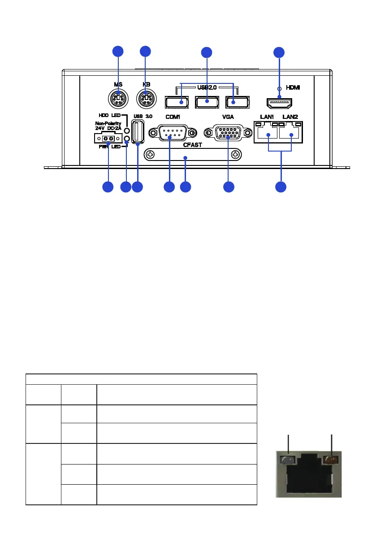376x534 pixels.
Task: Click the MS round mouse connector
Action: (x=118, y=98)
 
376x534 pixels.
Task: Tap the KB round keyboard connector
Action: (x=145, y=98)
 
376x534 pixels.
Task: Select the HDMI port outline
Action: (x=280, y=103)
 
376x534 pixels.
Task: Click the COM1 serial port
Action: (x=172, y=133)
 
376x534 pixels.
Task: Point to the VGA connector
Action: (x=228, y=133)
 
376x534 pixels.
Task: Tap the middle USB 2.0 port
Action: (x=207, y=103)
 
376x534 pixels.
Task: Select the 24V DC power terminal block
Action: (x=108, y=138)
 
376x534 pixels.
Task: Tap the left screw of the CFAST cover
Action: (x=151, y=155)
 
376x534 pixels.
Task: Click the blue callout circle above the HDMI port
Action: (x=279, y=52)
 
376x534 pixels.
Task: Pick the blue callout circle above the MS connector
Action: (x=117, y=51)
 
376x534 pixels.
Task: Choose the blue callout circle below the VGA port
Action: (x=229, y=187)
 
